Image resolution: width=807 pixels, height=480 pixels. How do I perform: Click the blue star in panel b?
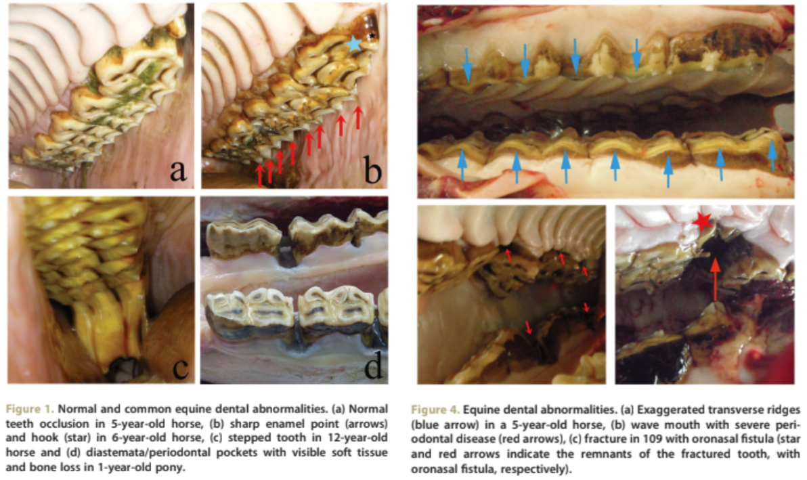pyautogui.click(x=353, y=44)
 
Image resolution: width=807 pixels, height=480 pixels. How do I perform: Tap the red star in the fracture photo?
pyautogui.click(x=703, y=220)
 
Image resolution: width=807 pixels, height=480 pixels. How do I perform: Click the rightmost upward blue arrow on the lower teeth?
pyautogui.click(x=772, y=162)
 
